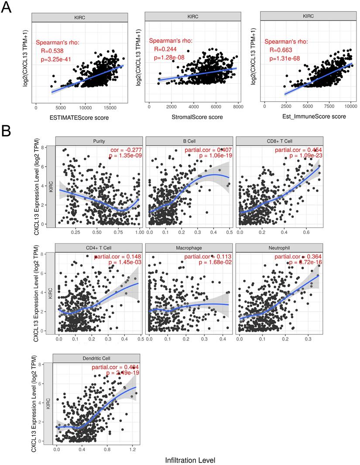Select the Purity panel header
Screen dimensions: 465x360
pyautogui.click(x=99, y=141)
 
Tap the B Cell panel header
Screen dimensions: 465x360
pyautogui.click(x=189, y=141)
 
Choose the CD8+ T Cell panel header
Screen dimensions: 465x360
pyautogui.click(x=279, y=141)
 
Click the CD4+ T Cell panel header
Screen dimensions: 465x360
pyautogui.click(x=99, y=248)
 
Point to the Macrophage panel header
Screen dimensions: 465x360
pyautogui.click(x=189, y=248)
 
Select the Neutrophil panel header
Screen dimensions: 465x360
pyautogui.click(x=279, y=248)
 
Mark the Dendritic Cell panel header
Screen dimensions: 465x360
pyautogui.click(x=96, y=358)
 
